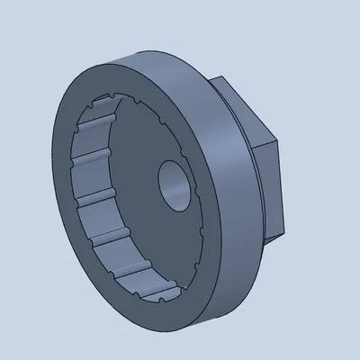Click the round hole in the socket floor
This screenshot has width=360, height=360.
(x=174, y=183)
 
